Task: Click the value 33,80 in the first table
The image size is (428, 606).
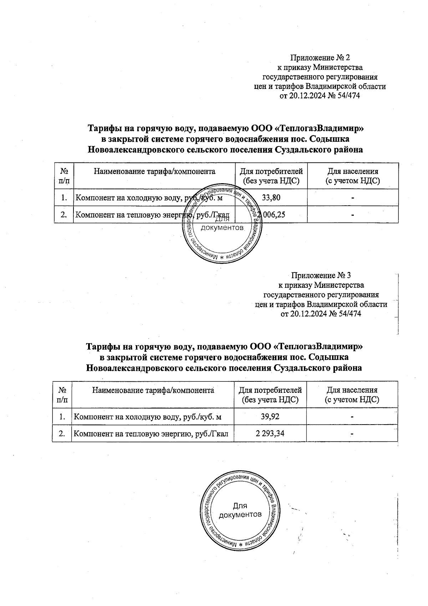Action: click(x=271, y=197)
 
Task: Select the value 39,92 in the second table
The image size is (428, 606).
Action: click(x=270, y=416)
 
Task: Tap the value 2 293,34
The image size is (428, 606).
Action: click(x=270, y=434)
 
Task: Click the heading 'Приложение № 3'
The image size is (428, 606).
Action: click(x=321, y=276)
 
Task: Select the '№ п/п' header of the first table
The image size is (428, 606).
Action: click(x=64, y=176)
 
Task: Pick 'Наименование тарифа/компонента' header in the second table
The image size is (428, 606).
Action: click(x=153, y=390)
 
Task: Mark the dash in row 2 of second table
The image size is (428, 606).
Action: click(x=352, y=434)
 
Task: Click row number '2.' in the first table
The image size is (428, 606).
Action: click(x=64, y=215)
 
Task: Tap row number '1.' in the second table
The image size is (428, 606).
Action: click(x=62, y=416)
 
